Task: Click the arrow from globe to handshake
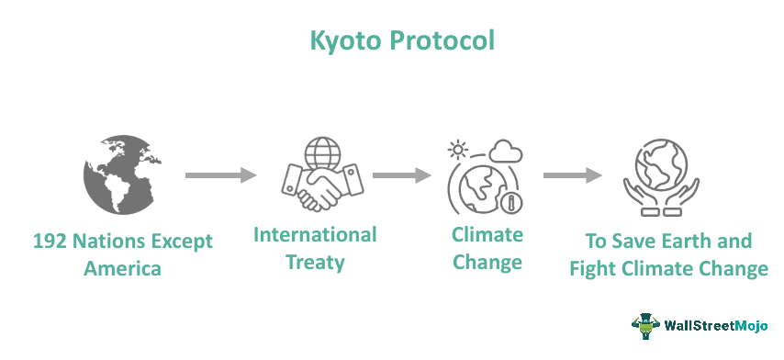[219, 174]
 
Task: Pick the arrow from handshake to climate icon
[402, 174]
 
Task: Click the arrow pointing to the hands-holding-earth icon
[572, 174]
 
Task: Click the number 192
[52, 242]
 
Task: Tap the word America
[122, 269]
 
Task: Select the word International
[315, 235]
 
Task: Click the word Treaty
[315, 263]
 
